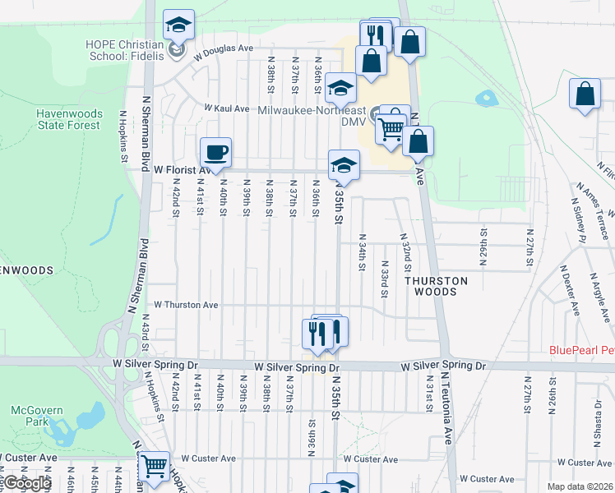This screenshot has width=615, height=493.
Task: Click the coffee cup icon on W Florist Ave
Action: click(215, 153)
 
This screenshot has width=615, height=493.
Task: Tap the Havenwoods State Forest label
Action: click(68, 119)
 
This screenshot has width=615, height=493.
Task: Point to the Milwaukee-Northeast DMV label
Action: click(311, 115)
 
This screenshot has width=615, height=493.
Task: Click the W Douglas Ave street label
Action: click(223, 49)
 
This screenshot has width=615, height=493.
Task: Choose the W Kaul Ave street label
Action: click(226, 108)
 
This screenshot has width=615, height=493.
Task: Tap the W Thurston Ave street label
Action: click(186, 305)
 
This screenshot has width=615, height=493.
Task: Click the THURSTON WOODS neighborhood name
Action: click(436, 286)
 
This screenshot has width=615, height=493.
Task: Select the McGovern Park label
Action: click(31, 415)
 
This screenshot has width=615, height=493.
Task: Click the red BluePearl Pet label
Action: click(581, 350)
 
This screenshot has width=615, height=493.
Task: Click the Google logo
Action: click(26, 483)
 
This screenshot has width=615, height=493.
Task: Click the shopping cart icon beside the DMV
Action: click(391, 127)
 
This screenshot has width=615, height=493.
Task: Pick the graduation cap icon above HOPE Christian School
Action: click(177, 25)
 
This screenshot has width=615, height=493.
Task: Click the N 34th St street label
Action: click(362, 251)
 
